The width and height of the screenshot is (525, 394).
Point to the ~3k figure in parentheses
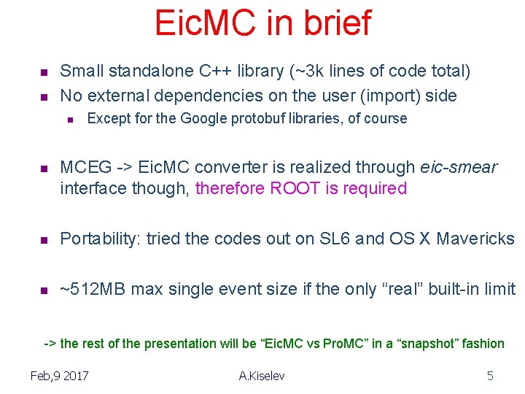point(304,71)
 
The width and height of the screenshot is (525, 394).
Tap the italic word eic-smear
point(459,167)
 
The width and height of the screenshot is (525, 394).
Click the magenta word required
point(371,188)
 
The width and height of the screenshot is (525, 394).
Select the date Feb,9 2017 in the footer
point(60,376)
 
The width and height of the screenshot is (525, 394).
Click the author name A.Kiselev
point(262,376)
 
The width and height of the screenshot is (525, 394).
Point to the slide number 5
point(490,376)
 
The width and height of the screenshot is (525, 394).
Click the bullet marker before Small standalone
point(43,72)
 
